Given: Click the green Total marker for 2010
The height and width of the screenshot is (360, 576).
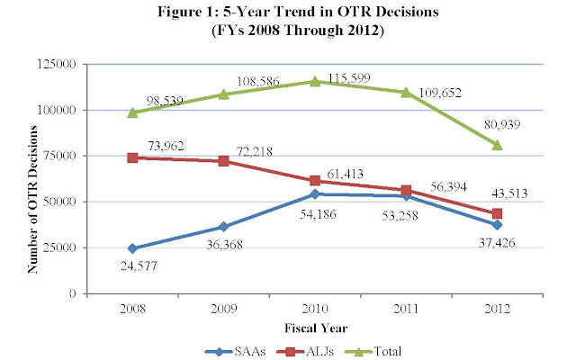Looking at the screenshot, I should pyautogui.click(x=315, y=81).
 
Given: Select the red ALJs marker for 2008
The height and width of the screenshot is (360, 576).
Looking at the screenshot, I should pyautogui.click(x=132, y=157).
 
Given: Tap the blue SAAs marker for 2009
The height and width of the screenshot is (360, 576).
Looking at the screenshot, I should pyautogui.click(x=223, y=227).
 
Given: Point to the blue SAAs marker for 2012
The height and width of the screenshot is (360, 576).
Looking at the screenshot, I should pyautogui.click(x=497, y=225).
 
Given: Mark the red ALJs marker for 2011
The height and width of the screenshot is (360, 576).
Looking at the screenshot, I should pyautogui.click(x=406, y=190).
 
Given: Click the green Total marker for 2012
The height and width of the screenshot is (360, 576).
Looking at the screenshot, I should pyautogui.click(x=497, y=145).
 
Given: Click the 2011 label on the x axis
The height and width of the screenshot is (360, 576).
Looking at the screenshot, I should pyautogui.click(x=406, y=308).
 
